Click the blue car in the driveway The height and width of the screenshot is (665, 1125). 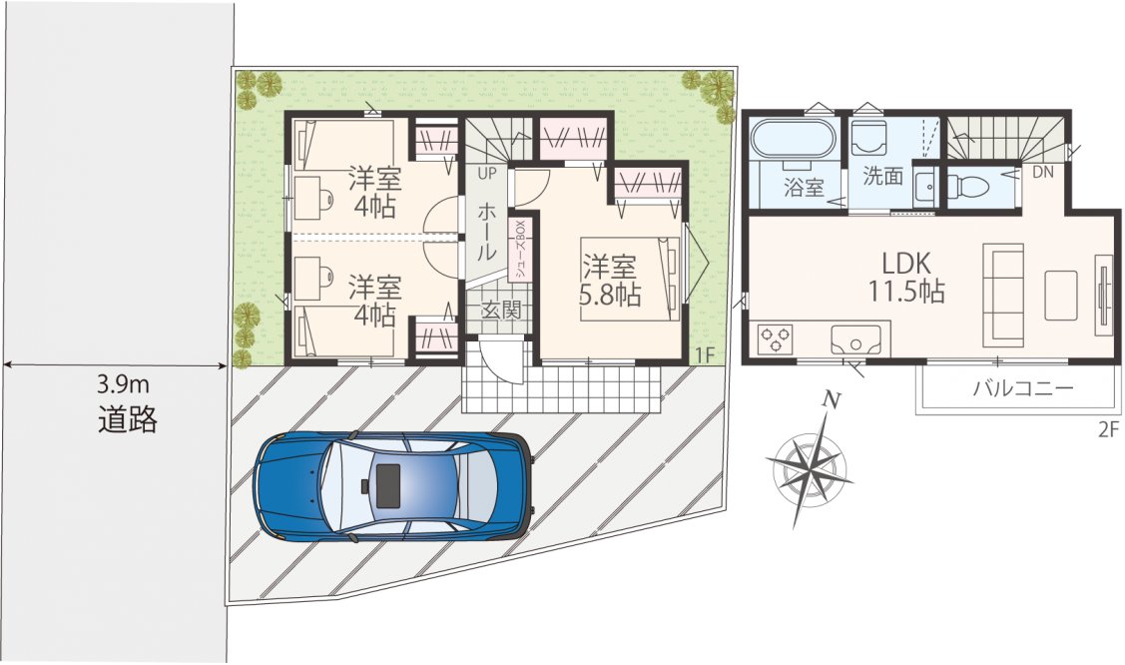click(394, 486)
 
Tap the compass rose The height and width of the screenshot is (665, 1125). click(810, 464)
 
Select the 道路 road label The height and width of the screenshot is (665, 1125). click(127, 419)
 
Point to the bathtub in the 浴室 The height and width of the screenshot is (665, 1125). click(793, 139)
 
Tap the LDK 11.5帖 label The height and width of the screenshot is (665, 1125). click(906, 278)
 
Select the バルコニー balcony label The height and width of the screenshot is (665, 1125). click(1023, 388)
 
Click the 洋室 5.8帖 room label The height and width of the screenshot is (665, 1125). click(609, 281)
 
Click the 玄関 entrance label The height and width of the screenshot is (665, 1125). click(499, 310)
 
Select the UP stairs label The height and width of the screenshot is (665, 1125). click(487, 174)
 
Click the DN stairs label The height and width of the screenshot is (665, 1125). click(1043, 172)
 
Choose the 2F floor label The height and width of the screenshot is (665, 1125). click(1108, 429)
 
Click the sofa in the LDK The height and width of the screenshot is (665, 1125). click(1003, 292)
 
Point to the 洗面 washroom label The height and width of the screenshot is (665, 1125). click(882, 177)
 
